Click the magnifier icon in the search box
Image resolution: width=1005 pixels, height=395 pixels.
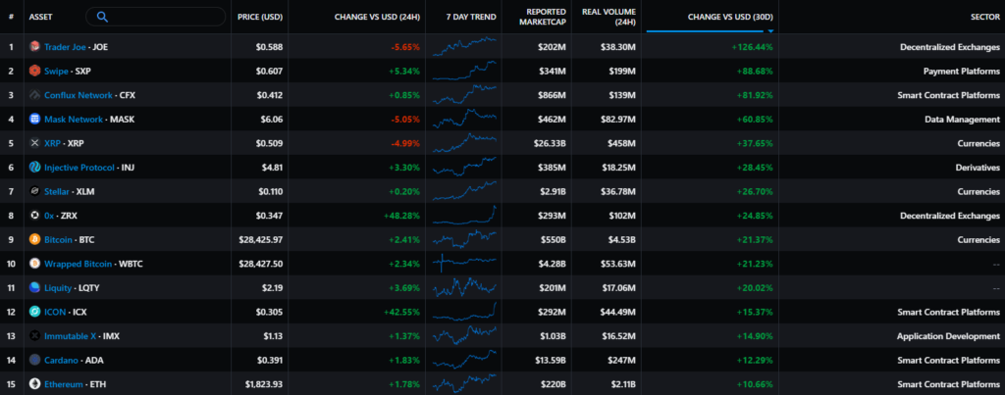[103, 17]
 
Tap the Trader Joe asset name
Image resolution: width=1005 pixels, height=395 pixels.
[66, 46]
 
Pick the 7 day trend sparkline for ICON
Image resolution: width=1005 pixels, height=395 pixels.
[463, 311]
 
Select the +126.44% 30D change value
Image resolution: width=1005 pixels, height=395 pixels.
[751, 46]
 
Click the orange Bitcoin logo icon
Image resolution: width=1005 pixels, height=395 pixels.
[34, 238]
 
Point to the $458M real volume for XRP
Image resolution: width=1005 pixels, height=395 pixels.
[620, 142]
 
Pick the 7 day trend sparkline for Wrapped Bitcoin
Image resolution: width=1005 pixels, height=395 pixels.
[463, 263]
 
